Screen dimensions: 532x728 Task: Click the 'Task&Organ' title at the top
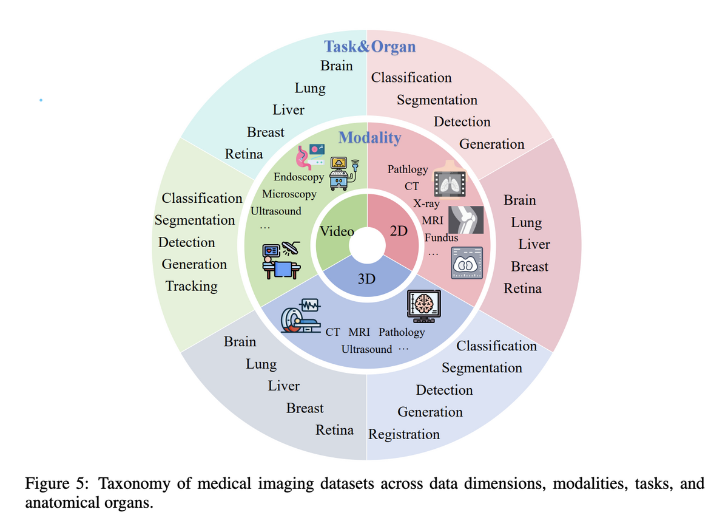tap(369, 47)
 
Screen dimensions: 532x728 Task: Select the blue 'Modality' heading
tap(369, 138)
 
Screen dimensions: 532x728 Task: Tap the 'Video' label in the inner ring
tap(337, 231)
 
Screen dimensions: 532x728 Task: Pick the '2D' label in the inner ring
tap(399, 231)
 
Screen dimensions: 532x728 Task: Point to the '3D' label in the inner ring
tap(366, 279)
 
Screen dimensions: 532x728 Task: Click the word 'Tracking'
tap(191, 286)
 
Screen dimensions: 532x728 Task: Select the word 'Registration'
tap(404, 434)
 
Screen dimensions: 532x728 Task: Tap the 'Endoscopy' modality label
tap(298, 177)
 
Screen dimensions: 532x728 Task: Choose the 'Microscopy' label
tap(289, 194)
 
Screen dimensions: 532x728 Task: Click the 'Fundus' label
tap(441, 238)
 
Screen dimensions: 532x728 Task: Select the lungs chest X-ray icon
tap(449, 180)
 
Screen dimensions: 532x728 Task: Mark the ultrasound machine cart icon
tap(343, 172)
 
